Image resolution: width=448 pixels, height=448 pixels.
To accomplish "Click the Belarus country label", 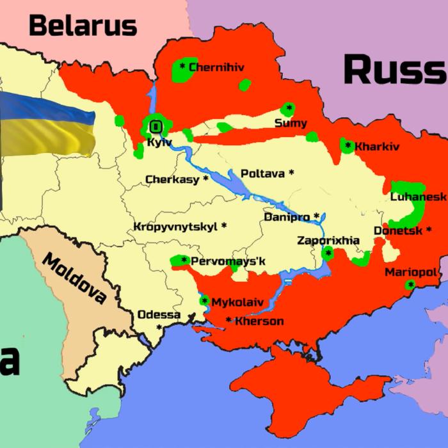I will tap(83, 26).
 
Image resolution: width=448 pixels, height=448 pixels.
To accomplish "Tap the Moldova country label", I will tap(74, 278).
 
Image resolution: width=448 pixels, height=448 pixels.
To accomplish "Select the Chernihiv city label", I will tap(216, 67).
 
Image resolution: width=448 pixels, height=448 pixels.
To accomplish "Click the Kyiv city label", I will tap(159, 142).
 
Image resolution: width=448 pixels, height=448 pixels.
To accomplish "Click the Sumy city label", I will tap(291, 123).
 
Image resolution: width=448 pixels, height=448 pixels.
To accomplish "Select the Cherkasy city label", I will tap(172, 180).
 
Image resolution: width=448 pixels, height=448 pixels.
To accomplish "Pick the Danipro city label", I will tap(287, 217).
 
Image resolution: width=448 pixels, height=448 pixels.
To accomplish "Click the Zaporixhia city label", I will tap(328, 241).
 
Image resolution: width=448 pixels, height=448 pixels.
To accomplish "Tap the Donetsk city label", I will tap(397, 230).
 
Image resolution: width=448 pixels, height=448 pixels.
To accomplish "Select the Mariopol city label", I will tap(411, 273).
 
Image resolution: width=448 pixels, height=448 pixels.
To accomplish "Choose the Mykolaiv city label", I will tap(234, 301).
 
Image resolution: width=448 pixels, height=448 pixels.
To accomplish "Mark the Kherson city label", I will tap(259, 321).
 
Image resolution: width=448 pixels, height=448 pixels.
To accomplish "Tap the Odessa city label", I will tap(159, 315).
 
